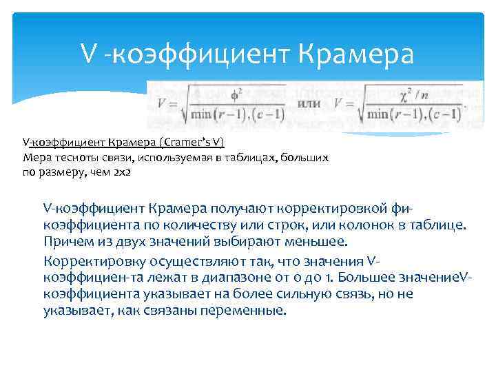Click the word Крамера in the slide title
[x=358, y=53]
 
